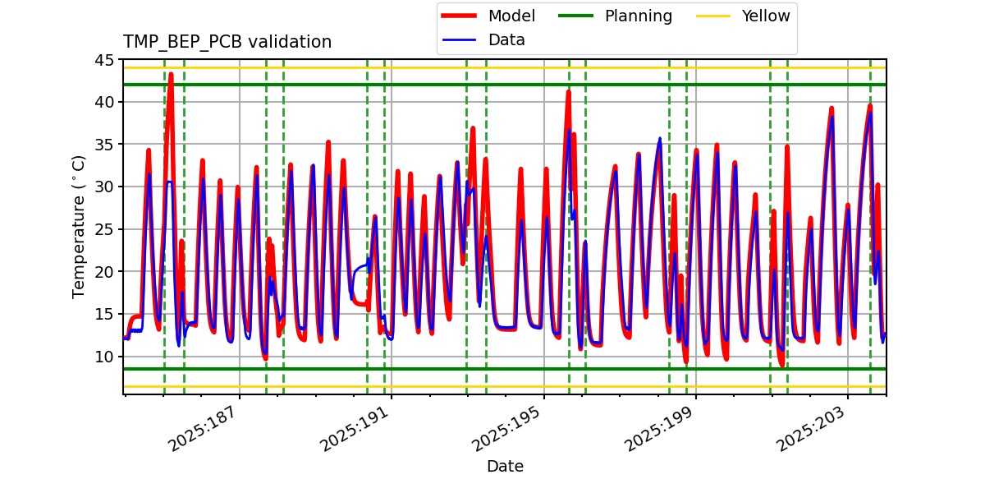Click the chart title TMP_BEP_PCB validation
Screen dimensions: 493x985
click(227, 42)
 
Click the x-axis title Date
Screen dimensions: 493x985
click(505, 467)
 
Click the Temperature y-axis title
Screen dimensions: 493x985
click(79, 226)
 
